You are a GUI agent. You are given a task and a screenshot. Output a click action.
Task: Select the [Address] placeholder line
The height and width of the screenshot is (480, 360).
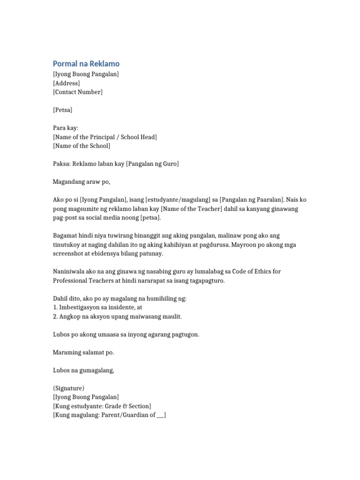pos(66,83)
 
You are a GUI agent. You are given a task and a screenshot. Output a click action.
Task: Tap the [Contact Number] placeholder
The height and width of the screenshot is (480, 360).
pos(77,92)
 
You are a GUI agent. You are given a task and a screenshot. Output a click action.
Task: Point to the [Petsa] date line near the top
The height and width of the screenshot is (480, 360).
pos(62,110)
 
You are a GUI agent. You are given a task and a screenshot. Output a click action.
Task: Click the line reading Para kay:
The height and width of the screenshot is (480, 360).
pos(66,128)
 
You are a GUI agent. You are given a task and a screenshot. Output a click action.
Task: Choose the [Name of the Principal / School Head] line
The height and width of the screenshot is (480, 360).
pos(105,137)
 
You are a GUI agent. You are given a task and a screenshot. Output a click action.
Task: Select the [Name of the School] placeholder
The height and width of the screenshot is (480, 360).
pos(82,146)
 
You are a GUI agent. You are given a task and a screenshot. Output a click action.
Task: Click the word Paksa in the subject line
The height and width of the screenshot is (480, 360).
pos(61,164)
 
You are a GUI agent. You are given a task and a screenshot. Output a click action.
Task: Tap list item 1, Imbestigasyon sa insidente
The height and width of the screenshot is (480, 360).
pos(97,307)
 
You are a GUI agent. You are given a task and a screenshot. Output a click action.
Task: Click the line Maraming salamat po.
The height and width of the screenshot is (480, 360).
pos(83,352)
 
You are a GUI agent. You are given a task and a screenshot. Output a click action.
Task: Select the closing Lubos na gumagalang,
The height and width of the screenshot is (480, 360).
pos(83,370)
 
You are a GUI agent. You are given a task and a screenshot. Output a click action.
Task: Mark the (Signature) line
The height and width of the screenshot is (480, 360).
pos(68,388)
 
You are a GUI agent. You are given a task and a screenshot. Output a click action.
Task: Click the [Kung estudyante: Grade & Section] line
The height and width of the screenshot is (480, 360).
pos(102,406)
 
